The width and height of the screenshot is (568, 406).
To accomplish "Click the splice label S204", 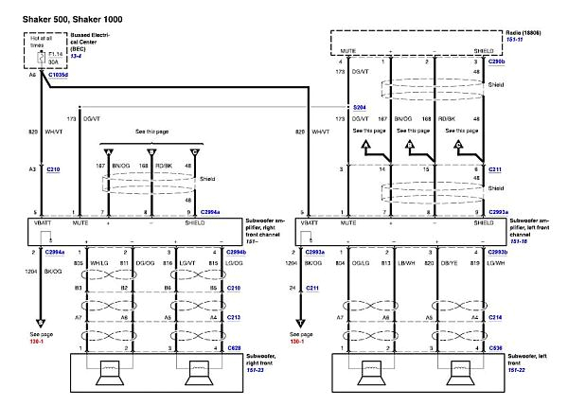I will coord(357,107).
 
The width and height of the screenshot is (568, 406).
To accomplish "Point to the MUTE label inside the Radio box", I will coord(349,51).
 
